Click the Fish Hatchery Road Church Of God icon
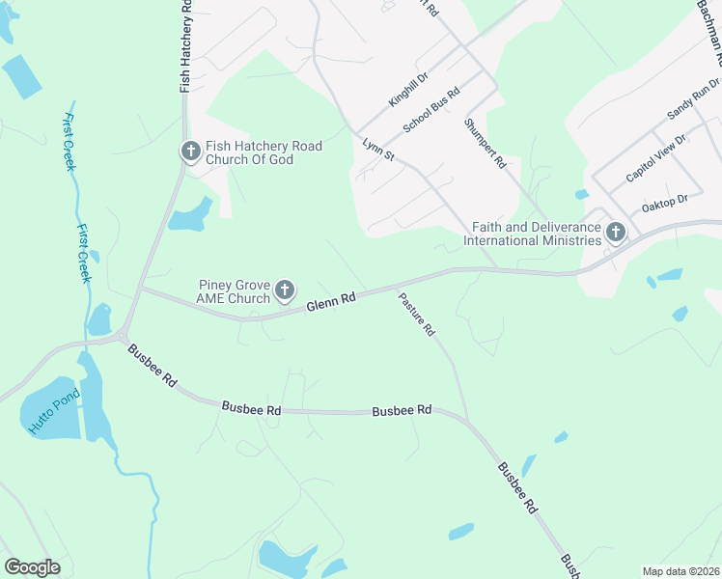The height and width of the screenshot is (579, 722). click(x=189, y=152)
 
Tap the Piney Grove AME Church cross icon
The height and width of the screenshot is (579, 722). click(x=284, y=289)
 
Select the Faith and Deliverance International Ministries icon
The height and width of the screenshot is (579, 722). click(x=614, y=232)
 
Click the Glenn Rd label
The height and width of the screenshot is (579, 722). click(x=332, y=303)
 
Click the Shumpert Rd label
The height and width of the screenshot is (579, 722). click(x=485, y=144)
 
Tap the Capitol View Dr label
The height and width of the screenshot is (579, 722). click(x=655, y=159)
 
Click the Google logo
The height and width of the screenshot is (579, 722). click(x=33, y=566)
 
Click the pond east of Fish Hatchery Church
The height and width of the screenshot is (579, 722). click(x=191, y=215)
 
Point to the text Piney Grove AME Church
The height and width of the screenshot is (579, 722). click(x=235, y=290)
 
